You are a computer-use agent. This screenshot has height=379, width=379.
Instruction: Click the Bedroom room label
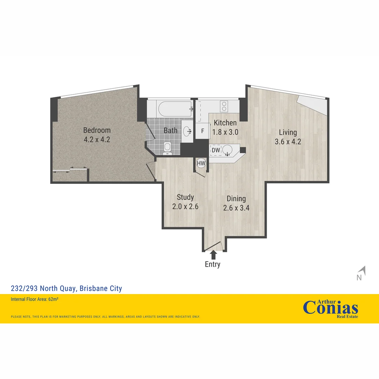point(97,130)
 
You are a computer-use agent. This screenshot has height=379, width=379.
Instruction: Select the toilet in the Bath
point(168,148)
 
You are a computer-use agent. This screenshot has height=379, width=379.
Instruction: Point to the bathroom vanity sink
point(187,131)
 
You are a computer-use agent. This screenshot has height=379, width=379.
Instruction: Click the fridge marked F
point(202,131)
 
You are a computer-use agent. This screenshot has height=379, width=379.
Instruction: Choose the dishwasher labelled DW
point(216,150)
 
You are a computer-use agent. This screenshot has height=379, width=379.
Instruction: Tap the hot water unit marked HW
point(201,163)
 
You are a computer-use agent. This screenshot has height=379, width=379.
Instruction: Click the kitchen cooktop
point(224,106)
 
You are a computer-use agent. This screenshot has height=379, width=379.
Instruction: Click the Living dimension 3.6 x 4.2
point(288,142)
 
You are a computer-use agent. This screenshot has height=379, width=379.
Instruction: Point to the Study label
point(185,197)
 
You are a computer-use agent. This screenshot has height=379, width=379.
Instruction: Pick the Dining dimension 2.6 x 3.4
point(236,208)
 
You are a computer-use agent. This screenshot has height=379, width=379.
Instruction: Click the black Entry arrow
point(213,254)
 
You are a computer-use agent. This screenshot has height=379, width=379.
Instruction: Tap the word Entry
point(213,265)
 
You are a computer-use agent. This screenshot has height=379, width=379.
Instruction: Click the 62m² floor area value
point(53,299)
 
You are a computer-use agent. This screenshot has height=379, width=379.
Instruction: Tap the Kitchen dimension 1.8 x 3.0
point(225,132)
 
